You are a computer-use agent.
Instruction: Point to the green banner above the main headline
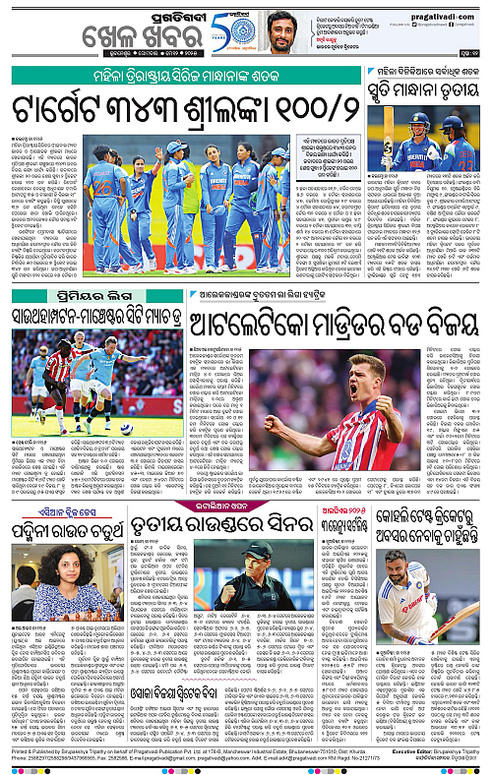[x=192, y=76]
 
